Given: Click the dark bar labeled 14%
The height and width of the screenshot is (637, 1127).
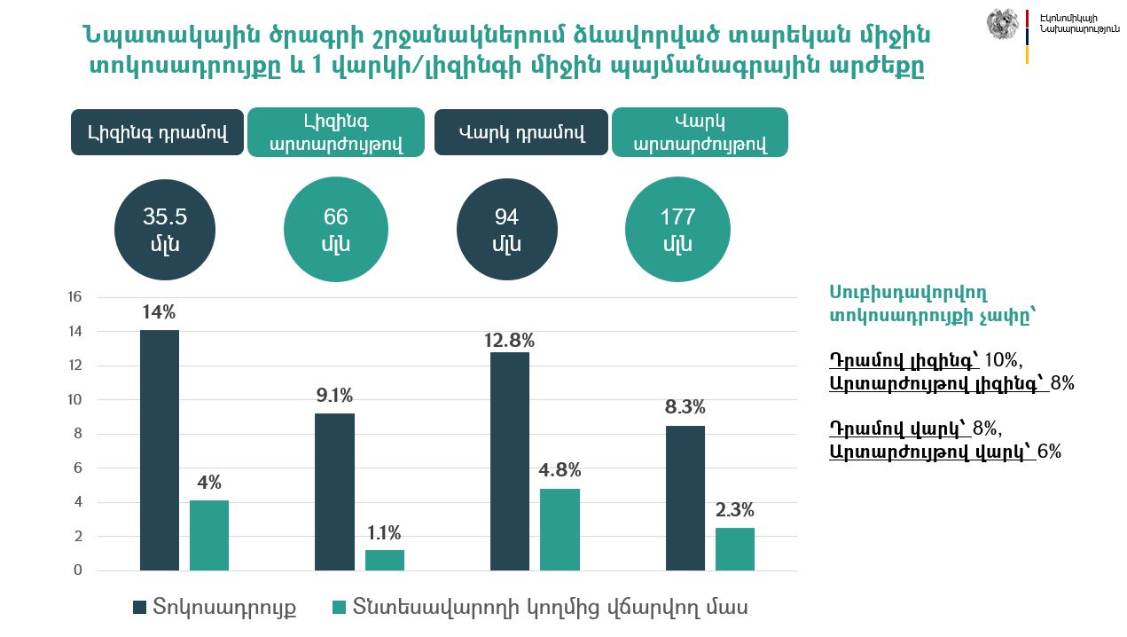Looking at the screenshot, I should (160, 450).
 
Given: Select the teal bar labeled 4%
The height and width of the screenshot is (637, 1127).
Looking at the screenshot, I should (209, 535).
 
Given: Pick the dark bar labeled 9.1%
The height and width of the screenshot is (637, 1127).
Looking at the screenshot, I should (334, 492).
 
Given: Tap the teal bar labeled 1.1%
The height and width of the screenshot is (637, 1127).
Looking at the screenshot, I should (385, 560).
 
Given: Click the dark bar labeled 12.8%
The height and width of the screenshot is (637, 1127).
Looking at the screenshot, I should (510, 460).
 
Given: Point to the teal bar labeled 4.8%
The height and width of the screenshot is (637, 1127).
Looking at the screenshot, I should (560, 529).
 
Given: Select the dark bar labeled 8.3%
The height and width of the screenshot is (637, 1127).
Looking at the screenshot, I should (685, 498).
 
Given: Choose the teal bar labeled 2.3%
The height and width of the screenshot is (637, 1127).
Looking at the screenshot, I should (735, 548).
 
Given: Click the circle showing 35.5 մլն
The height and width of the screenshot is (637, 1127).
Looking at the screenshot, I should (166, 230).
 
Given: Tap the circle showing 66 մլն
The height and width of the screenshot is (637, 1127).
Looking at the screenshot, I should (335, 230).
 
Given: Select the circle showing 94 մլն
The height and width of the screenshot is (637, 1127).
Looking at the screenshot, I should (507, 230).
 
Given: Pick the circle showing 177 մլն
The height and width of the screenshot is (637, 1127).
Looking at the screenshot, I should (677, 230).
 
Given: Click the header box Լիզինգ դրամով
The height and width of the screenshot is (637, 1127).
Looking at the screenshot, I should (157, 133).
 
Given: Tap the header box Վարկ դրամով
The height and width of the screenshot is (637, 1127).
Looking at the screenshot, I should (521, 133).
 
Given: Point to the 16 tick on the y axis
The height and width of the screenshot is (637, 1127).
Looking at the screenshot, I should (74, 297).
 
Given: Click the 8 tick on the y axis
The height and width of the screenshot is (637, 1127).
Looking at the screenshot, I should (77, 434).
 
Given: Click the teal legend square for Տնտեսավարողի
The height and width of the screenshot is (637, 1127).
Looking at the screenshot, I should (338, 608).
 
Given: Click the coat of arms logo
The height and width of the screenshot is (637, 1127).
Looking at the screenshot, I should (1003, 24).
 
